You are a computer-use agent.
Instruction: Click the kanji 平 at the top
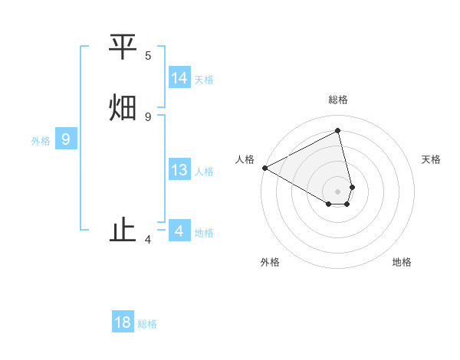click(x=123, y=47)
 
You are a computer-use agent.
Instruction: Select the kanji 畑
click(x=123, y=106)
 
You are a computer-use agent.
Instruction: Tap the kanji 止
click(x=123, y=231)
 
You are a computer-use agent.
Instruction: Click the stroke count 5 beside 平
click(x=148, y=56)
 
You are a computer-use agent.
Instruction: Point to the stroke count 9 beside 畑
click(x=148, y=116)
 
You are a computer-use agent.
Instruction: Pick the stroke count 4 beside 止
click(x=148, y=240)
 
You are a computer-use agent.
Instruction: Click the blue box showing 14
click(x=179, y=78)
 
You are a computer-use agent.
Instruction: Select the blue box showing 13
click(x=179, y=170)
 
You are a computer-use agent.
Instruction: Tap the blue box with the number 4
click(x=179, y=231)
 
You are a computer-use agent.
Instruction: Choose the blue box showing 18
click(x=123, y=322)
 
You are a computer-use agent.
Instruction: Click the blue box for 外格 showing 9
click(x=66, y=139)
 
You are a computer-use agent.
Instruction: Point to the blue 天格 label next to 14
click(x=204, y=80)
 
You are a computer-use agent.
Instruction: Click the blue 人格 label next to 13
click(x=204, y=172)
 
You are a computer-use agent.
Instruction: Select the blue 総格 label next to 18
click(x=147, y=324)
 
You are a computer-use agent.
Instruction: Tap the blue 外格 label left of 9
click(x=41, y=141)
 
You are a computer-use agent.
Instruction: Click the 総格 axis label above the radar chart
click(x=337, y=100)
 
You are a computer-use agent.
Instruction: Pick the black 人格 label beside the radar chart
click(x=245, y=159)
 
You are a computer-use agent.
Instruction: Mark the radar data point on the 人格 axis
click(x=264, y=168)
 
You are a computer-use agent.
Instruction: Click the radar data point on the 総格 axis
click(x=337, y=130)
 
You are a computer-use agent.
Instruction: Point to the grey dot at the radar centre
click(x=337, y=191)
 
